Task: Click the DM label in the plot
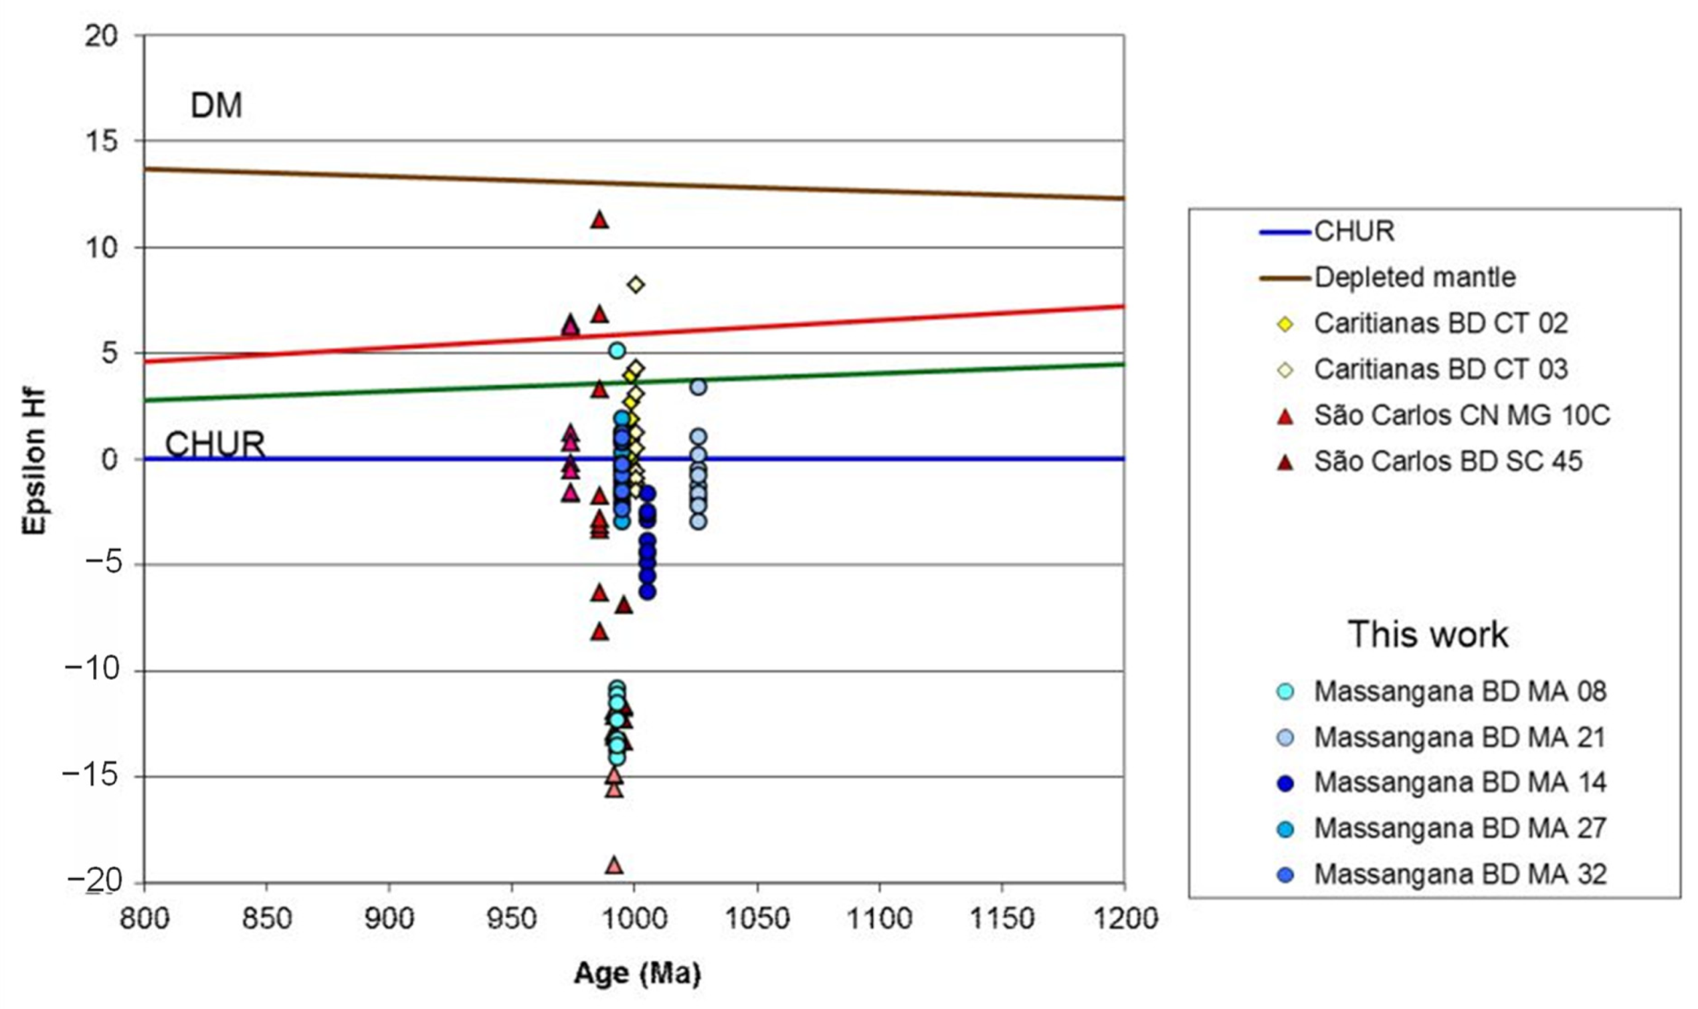[215, 106]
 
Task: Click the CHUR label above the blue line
[214, 445]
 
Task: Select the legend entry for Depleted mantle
[1414, 277]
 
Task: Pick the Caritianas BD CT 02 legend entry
[1440, 324]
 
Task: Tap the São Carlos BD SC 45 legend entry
[1448, 461]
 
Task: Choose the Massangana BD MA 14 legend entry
[1459, 782]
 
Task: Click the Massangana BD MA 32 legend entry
[1459, 875]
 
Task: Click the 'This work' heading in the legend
[1427, 635]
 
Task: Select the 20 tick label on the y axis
[100, 35]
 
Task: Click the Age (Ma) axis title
[637, 974]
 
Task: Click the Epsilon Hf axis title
[34, 462]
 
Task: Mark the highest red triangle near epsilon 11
[599, 219]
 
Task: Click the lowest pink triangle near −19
[614, 865]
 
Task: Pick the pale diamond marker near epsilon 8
[636, 284]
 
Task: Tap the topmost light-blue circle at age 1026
[698, 387]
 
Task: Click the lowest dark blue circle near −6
[648, 592]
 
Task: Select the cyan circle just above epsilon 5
[617, 350]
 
